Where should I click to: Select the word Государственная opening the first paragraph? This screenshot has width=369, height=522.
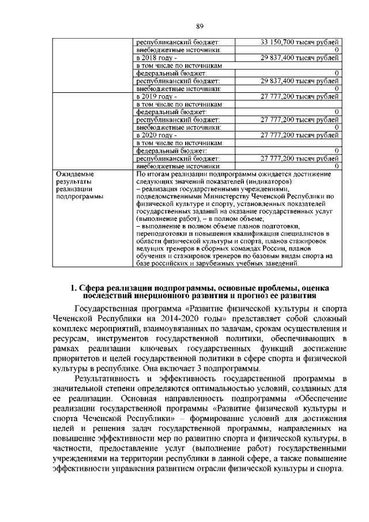114,310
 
